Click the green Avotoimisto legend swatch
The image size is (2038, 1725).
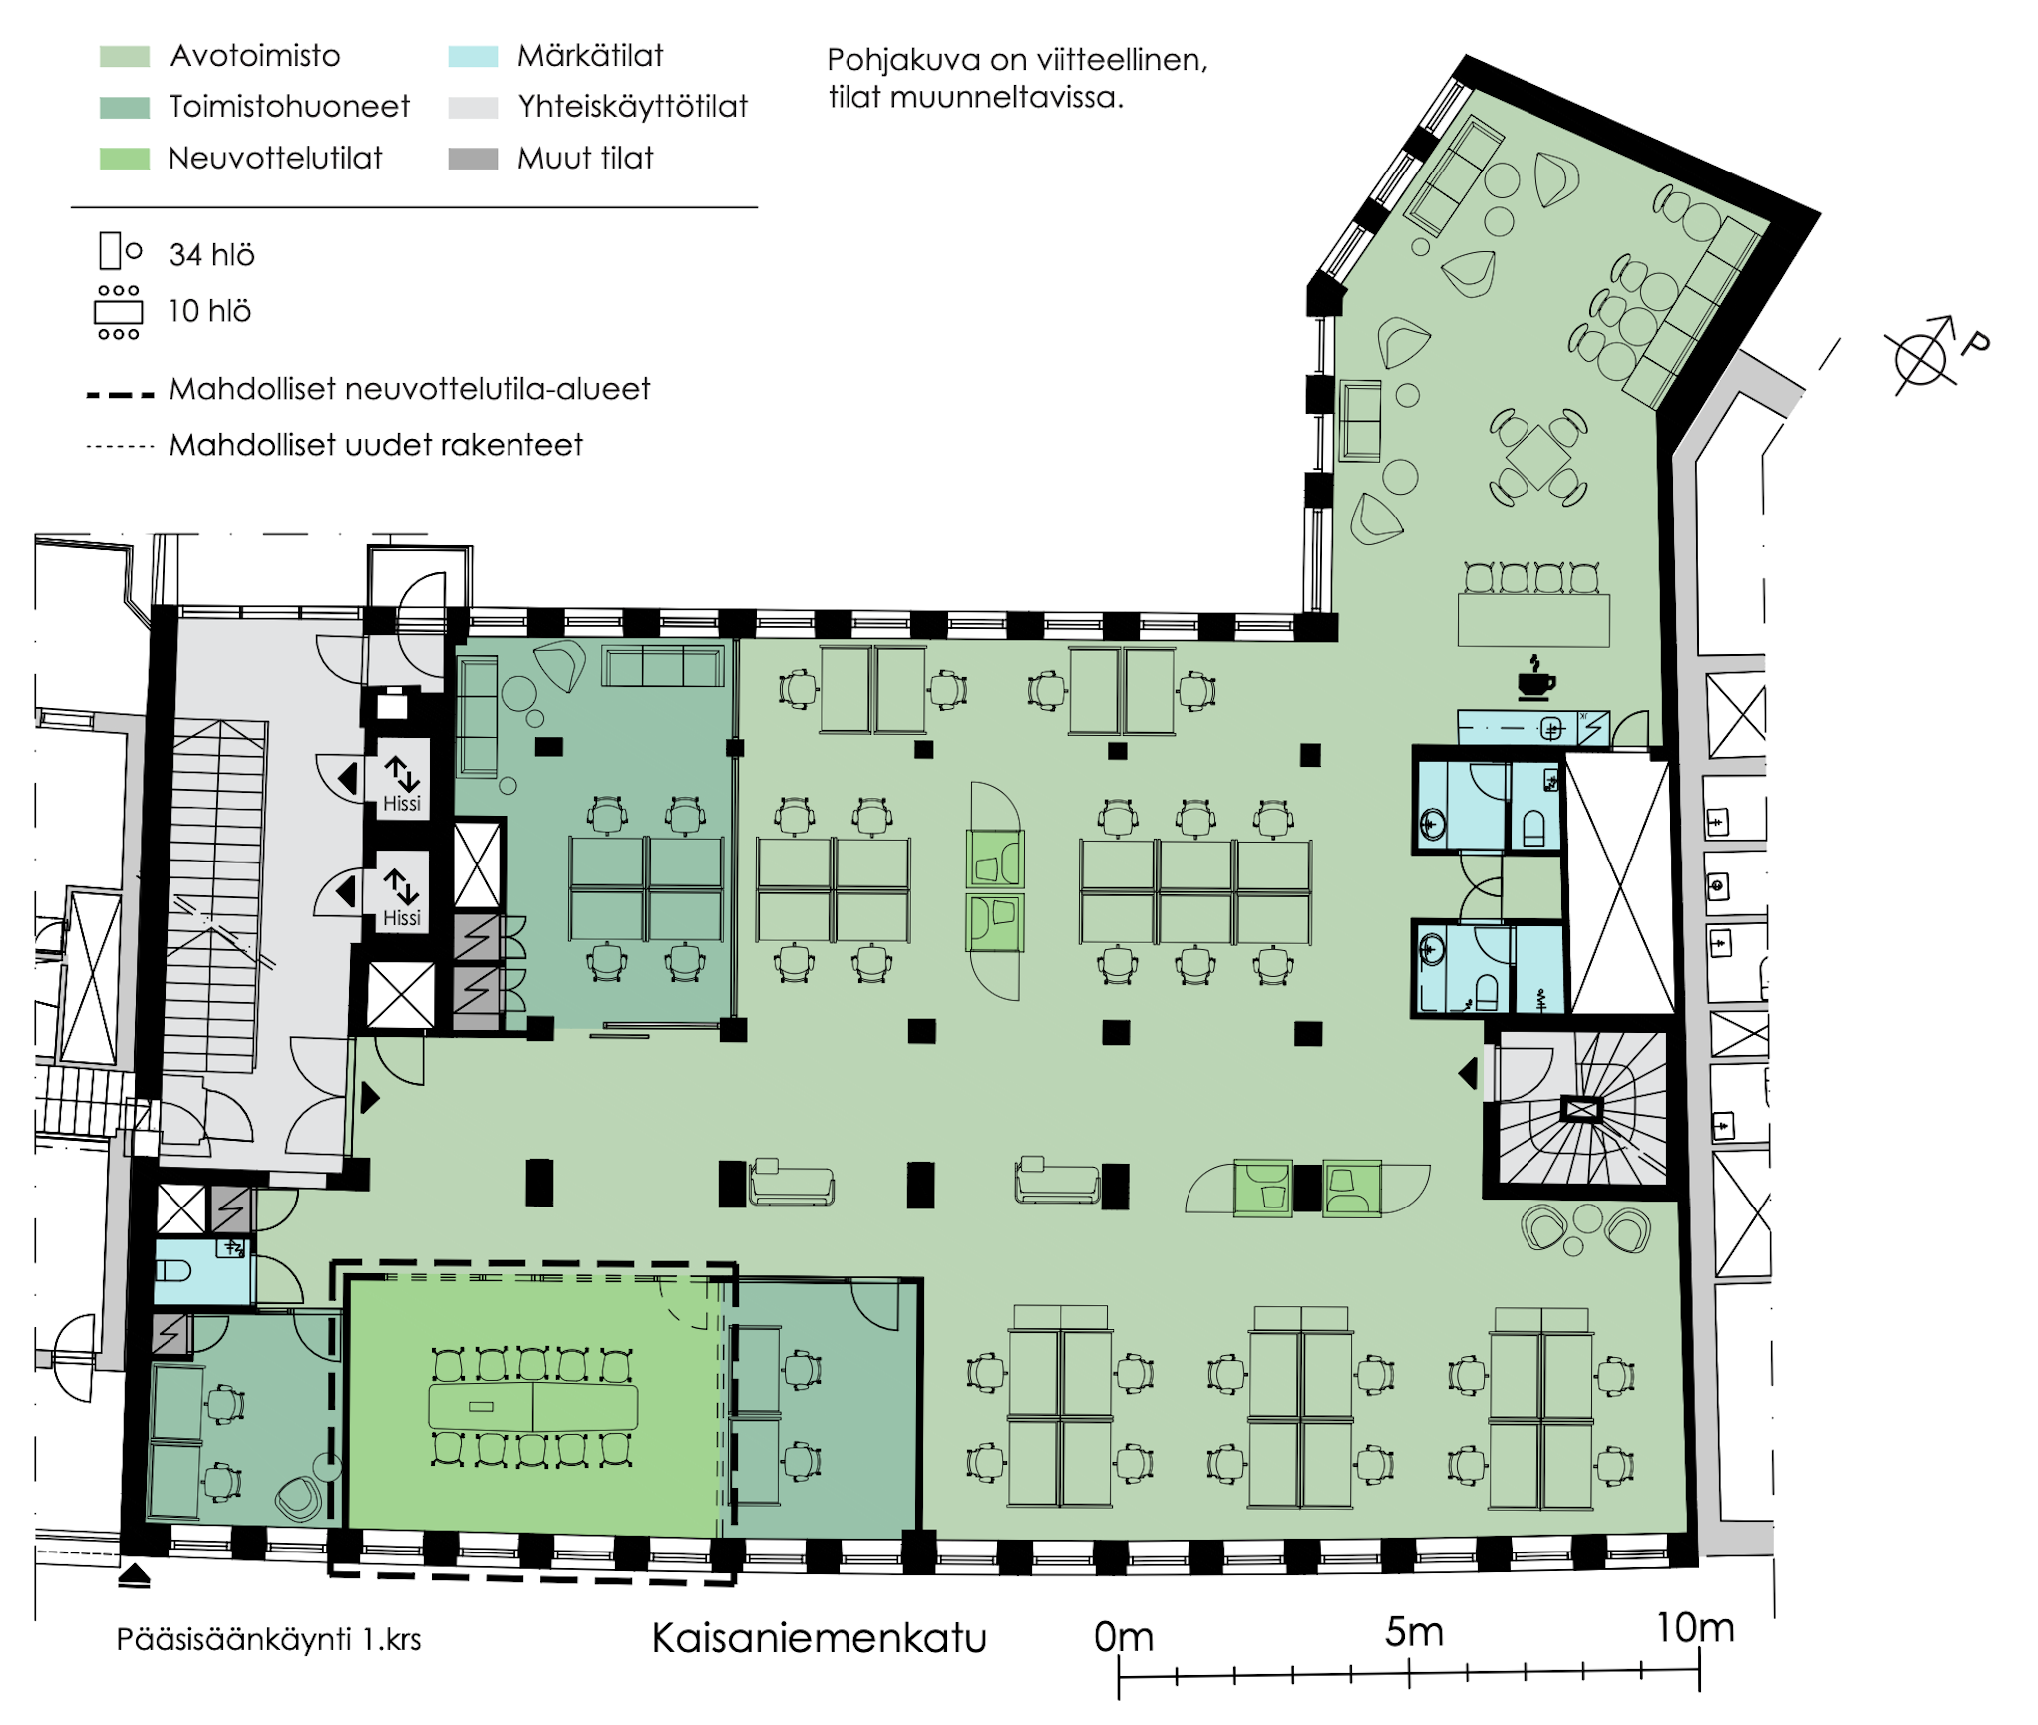[x=125, y=56]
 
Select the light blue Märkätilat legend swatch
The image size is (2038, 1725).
[x=473, y=56]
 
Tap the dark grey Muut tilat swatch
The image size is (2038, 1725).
[x=473, y=159]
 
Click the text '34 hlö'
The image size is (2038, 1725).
[x=211, y=255]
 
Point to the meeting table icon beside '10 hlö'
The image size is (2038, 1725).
[x=118, y=312]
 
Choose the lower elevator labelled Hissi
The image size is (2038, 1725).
[x=402, y=892]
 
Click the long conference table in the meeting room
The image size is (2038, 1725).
[x=532, y=1407]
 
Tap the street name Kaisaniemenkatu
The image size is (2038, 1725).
[x=819, y=1638]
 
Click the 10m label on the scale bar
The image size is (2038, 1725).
[x=1695, y=1628]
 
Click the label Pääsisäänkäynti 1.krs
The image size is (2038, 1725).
[x=268, y=1640]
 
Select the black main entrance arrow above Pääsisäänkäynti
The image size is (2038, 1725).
[x=134, y=1576]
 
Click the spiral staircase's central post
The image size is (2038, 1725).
[x=1582, y=1109]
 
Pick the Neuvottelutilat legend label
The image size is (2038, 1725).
[x=275, y=159]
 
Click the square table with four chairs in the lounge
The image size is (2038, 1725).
[x=1537, y=457]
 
